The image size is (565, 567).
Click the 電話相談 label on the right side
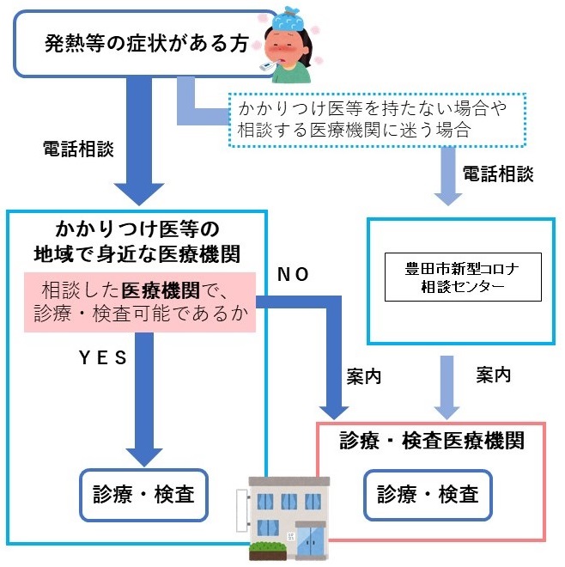coord(498,174)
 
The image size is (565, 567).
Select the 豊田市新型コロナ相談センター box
coord(463,277)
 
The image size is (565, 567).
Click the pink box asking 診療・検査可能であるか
coord(142,302)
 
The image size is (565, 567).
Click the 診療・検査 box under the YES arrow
coord(144,495)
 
